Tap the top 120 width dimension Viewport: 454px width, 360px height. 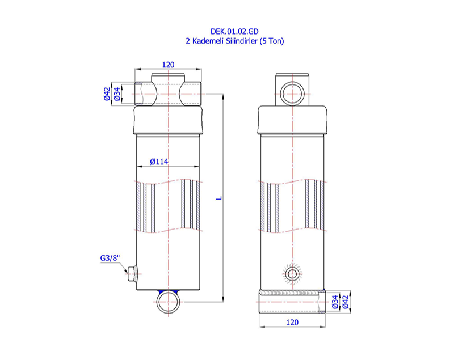pyautogui.click(x=168, y=65)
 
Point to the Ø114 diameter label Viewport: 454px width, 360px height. pyautogui.click(x=159, y=162)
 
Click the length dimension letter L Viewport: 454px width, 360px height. pyautogui.click(x=219, y=198)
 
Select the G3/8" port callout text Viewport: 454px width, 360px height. pyautogui.click(x=110, y=259)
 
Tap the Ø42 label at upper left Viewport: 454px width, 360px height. pyautogui.click(x=107, y=93)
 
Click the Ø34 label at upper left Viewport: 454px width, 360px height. pyautogui.click(x=117, y=93)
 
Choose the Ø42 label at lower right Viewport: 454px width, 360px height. pyautogui.click(x=345, y=302)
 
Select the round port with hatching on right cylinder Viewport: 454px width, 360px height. pyautogui.click(x=292, y=274)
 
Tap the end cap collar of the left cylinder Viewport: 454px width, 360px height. pyautogui.click(x=169, y=121)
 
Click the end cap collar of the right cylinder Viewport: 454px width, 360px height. pyautogui.click(x=292, y=120)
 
